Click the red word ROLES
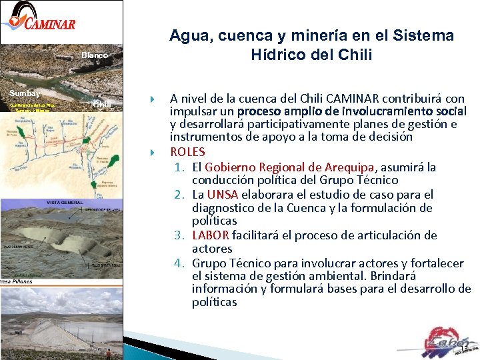[188, 151]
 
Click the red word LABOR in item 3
[211, 235]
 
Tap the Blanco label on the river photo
[95, 55]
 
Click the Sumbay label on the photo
[24, 93]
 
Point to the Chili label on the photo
[101, 104]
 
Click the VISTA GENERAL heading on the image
[65, 202]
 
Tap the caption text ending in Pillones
[16, 281]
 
